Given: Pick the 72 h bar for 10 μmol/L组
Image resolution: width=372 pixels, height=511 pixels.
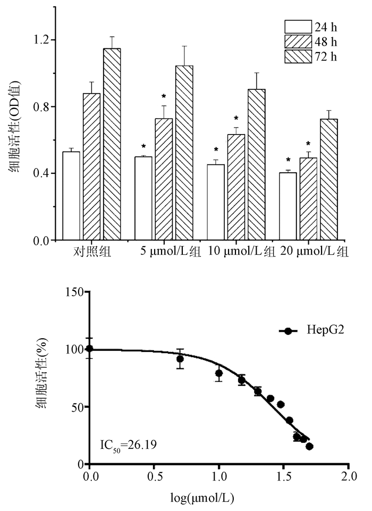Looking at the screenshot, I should (x=256, y=164).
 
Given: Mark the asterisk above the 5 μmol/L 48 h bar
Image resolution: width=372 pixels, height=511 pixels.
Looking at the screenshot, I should (x=164, y=96).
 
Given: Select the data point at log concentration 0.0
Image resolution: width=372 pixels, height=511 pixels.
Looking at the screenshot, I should (x=89, y=349).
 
